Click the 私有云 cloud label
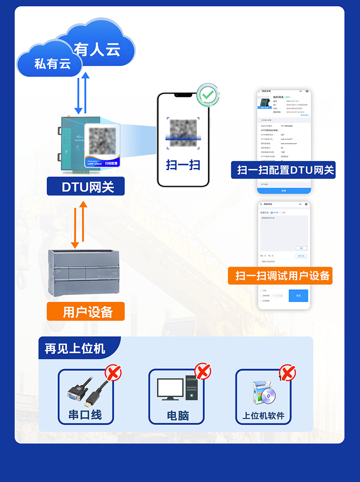point(52,64)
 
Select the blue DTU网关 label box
point(86,187)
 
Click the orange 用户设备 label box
point(86,311)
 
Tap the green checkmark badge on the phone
point(207,95)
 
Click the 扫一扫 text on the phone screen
point(183,165)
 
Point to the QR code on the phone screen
point(183,132)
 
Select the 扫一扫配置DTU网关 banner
point(283,169)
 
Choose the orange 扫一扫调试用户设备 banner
point(280,276)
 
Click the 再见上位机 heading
point(75,348)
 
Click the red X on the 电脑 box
point(203,372)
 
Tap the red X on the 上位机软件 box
point(287,373)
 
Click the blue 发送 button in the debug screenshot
point(298,295)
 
